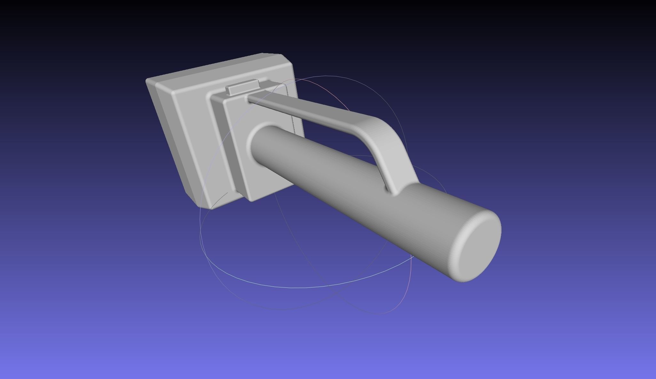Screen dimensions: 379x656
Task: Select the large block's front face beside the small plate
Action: pyautogui.click(x=192, y=134)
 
